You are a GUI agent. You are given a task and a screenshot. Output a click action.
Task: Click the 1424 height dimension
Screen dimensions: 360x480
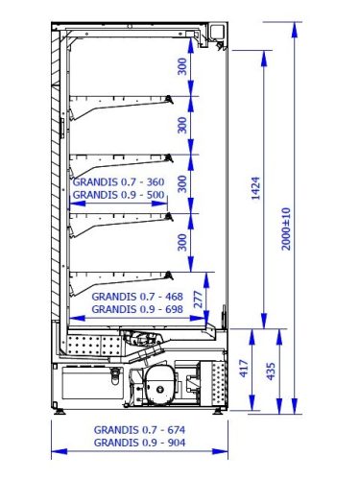click(255, 188)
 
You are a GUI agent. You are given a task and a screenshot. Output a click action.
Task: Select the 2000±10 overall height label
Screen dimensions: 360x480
click(286, 228)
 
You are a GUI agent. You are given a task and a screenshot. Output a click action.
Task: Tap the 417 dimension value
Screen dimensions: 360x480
click(244, 369)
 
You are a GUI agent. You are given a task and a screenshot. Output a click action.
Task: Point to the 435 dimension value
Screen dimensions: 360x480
click(271, 372)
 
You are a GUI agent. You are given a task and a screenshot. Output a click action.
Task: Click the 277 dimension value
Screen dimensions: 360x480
click(199, 300)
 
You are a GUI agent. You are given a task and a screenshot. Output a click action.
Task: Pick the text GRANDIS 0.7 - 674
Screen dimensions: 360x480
click(139, 430)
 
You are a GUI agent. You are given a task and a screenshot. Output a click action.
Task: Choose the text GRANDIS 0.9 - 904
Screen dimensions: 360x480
click(139, 443)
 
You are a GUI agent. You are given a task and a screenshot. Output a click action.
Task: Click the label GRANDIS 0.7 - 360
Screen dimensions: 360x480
click(119, 182)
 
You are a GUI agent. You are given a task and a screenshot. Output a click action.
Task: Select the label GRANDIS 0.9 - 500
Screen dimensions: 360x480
click(119, 195)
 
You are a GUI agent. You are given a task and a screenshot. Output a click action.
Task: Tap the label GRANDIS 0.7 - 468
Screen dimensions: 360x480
click(137, 297)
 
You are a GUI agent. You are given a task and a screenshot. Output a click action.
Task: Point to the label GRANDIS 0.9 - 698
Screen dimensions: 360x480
click(137, 309)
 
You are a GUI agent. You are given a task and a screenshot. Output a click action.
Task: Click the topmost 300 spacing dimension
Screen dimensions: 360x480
click(182, 66)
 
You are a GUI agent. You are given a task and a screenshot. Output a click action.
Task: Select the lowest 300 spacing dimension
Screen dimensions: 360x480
click(182, 242)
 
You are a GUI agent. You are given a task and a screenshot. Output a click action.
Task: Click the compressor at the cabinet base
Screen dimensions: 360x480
click(160, 386)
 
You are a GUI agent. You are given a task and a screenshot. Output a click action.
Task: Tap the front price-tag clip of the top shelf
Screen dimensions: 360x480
click(169, 100)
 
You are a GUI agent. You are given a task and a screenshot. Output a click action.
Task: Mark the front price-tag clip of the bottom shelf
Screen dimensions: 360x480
click(169, 276)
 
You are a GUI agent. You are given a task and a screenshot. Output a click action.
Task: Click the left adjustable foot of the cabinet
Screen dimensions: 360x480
click(60, 411)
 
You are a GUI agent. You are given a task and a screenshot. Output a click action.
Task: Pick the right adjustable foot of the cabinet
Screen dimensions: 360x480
click(218, 411)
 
